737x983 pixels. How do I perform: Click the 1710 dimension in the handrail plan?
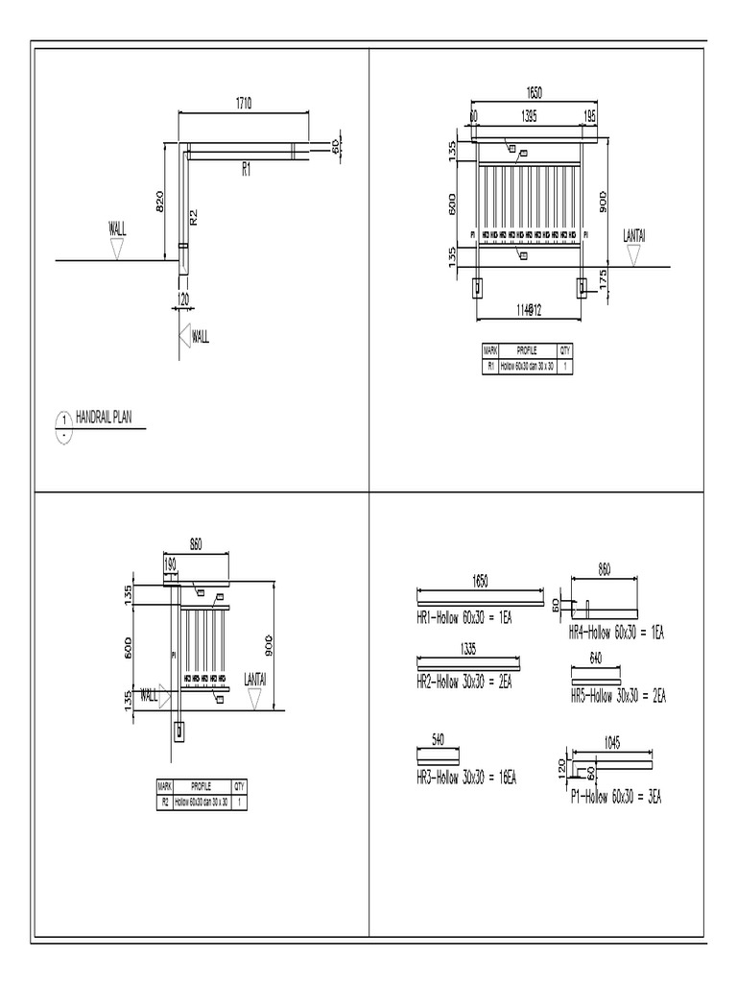(242, 104)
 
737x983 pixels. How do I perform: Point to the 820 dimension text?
(161, 201)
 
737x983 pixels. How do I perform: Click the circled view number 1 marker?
(63, 420)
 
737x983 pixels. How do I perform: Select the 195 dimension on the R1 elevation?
(590, 115)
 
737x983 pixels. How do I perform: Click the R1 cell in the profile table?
(490, 366)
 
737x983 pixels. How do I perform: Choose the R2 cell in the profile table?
(163, 802)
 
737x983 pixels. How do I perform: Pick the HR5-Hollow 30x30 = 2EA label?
(618, 696)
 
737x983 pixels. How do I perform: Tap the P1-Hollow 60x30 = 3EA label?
(616, 796)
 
